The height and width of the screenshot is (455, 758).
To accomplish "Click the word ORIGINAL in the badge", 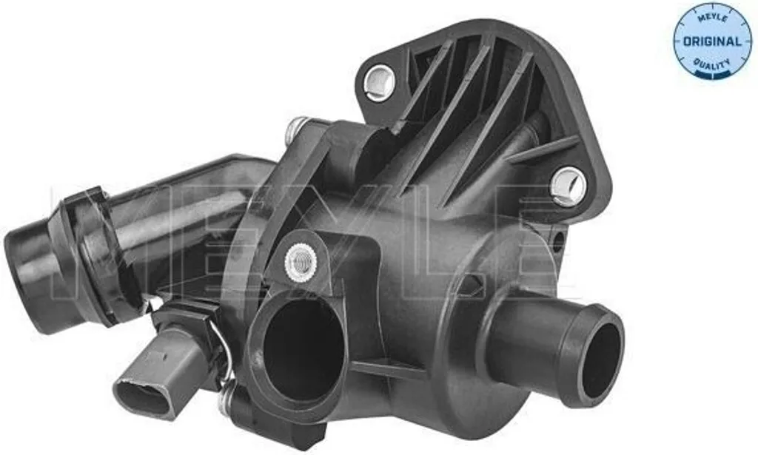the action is tap(712, 41).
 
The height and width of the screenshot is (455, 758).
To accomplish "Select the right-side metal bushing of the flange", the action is tap(568, 184).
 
